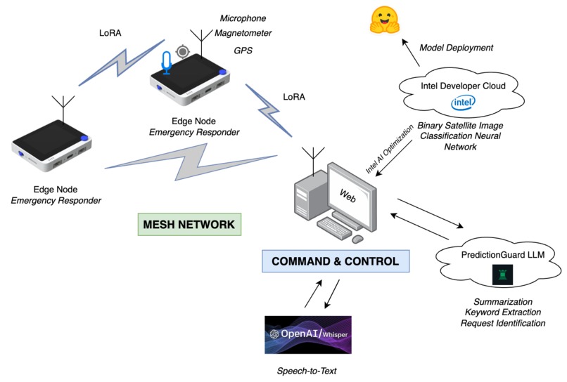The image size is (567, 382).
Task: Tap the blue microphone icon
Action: pos(167,62)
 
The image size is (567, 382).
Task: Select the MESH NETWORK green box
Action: pos(189,225)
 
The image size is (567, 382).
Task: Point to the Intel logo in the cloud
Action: pos(462,104)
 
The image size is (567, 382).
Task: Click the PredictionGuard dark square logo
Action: pos(502,277)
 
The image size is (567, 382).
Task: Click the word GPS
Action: pos(243,51)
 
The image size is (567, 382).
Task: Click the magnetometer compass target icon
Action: pos(184,51)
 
